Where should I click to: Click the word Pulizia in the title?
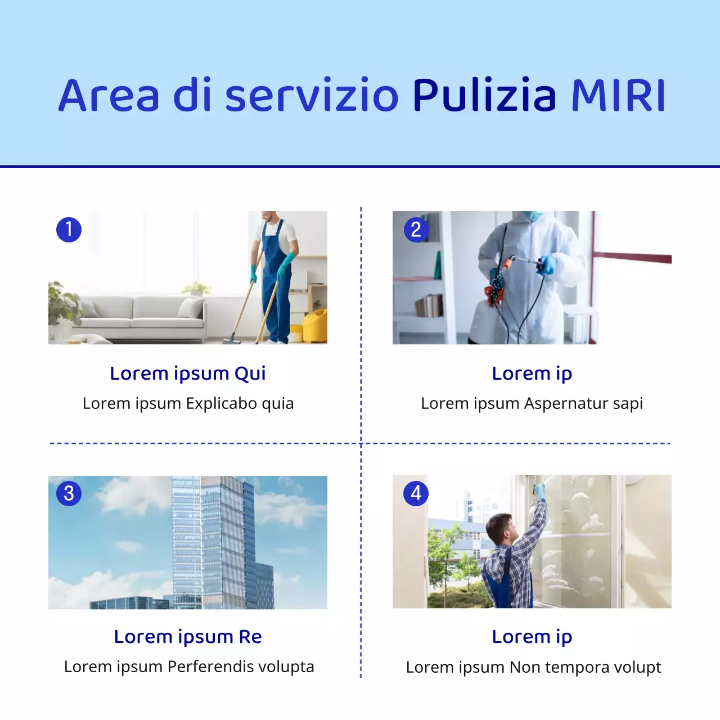tap(484, 96)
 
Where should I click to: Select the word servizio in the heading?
tap(312, 96)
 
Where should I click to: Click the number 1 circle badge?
tap(69, 229)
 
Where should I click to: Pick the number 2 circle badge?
tap(416, 229)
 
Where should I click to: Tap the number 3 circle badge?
tap(69, 493)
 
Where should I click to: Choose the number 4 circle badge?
tap(416, 493)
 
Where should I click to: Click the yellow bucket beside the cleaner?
tap(316, 327)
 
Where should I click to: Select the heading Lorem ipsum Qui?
tap(188, 373)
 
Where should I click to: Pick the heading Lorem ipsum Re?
tap(188, 637)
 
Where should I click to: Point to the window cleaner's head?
tap(499, 529)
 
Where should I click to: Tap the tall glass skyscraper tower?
tap(214, 540)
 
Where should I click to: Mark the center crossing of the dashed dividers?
tap(361, 443)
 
